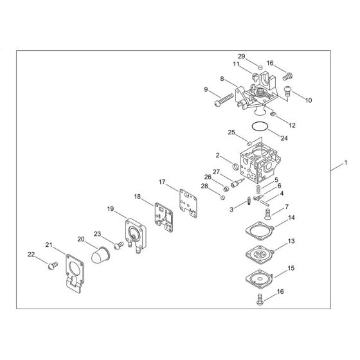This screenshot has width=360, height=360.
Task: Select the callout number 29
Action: [x=260, y=57]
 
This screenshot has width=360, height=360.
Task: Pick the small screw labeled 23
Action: [x=118, y=245]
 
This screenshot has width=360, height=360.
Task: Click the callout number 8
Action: [x=222, y=78]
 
